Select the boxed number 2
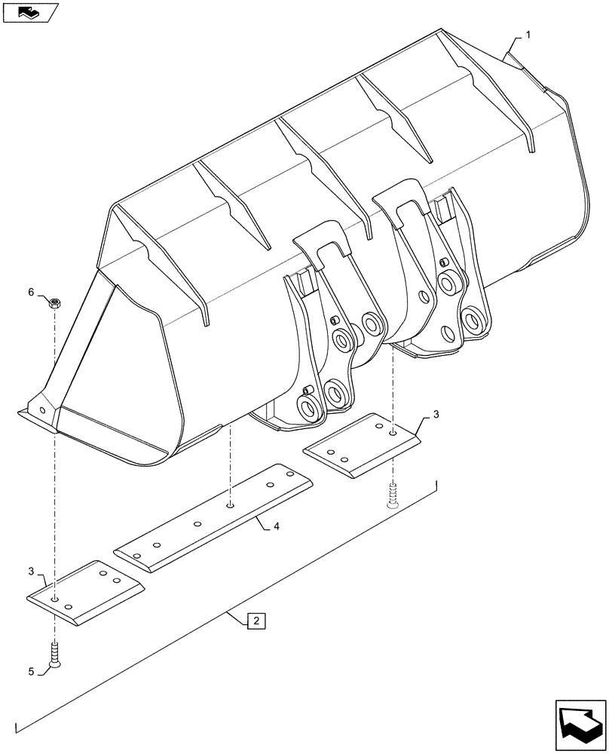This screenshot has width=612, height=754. [256, 621]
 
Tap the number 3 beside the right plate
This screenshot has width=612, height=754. [436, 415]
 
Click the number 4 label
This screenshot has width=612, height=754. [277, 526]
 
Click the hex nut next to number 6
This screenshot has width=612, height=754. [54, 304]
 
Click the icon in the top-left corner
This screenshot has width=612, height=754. [29, 12]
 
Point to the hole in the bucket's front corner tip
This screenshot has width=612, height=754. [42, 411]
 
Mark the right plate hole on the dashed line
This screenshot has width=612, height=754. [392, 434]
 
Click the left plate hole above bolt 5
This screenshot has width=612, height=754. [55, 598]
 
